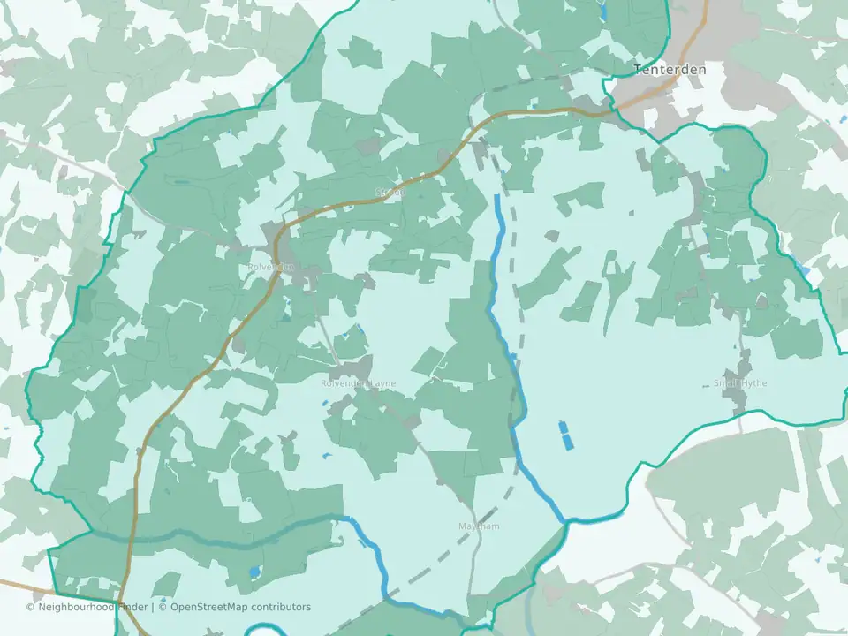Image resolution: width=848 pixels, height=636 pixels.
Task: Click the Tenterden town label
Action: (x=669, y=69)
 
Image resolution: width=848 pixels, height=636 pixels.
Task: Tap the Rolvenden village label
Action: (x=270, y=268)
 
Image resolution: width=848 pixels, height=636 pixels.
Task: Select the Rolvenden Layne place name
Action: (x=358, y=383)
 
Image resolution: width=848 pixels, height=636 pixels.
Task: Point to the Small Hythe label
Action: (x=740, y=383)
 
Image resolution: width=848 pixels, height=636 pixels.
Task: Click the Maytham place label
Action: (x=479, y=526)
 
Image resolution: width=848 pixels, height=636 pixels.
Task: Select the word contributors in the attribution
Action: (x=280, y=607)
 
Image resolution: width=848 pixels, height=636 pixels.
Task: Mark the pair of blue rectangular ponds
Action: (x=564, y=434)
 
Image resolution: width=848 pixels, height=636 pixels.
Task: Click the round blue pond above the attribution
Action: (x=255, y=572)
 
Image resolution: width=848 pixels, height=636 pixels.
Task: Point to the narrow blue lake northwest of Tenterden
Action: (x=603, y=11)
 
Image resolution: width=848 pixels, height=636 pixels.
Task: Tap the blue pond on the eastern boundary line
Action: (x=801, y=265)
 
